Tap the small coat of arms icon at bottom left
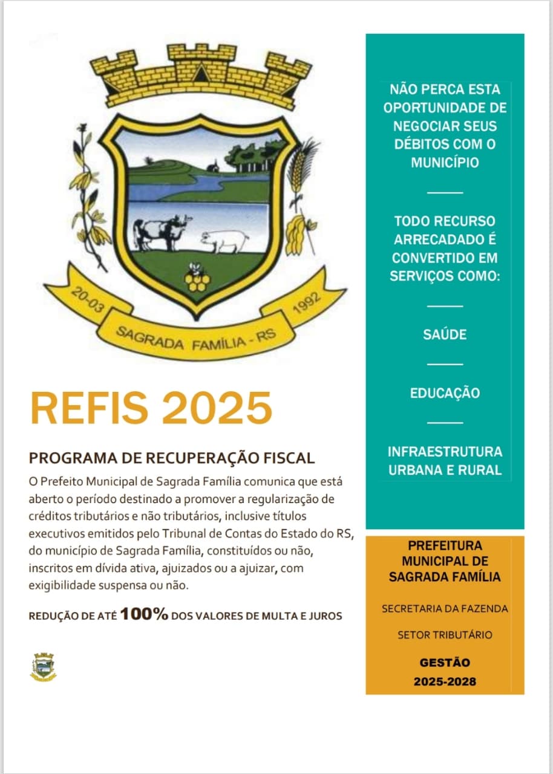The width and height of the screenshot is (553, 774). pyautogui.click(x=43, y=667)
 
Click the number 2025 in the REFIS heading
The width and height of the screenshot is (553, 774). pyautogui.click(x=216, y=408)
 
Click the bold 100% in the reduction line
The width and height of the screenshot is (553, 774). pyautogui.click(x=144, y=615)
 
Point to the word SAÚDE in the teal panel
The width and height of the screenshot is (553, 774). pyautogui.click(x=445, y=334)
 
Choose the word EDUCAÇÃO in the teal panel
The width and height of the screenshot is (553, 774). pyautogui.click(x=445, y=393)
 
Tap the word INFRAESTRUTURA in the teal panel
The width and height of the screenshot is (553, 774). pyautogui.click(x=445, y=452)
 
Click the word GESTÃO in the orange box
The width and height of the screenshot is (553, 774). pyautogui.click(x=445, y=663)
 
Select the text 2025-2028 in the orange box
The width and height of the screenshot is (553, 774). pyautogui.click(x=445, y=681)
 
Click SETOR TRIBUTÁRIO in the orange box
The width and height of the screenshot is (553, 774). pyautogui.click(x=445, y=635)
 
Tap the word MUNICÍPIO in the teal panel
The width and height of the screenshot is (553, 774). pyautogui.click(x=445, y=163)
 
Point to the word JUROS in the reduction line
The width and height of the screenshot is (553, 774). pyautogui.click(x=327, y=616)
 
